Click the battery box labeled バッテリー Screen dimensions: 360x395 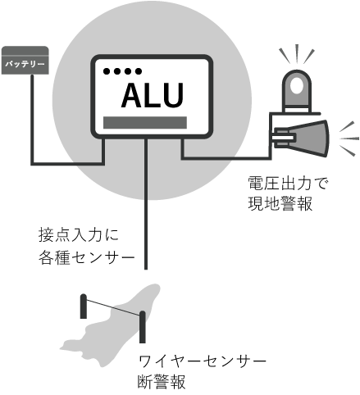coord(25,60)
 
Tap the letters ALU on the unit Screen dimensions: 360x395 coord(152,95)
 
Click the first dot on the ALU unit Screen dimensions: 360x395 coord(107,71)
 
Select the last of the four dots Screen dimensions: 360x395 coord(139,71)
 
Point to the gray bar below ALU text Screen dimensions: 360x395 coord(145,122)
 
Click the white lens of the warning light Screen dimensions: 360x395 coord(296,86)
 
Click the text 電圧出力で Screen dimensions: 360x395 coord(287,183)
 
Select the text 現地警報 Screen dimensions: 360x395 coord(280,203)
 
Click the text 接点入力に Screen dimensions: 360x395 coord(79,235)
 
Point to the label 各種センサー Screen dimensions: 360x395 coord(87,257)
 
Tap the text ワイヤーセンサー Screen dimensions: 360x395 coord(202,361)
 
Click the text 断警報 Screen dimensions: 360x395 coord(162,382)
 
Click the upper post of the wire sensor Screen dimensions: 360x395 coord(84,306)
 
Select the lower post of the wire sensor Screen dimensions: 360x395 coord(142,327)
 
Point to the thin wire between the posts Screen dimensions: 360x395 coord(113,307)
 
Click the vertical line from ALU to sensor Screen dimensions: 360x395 coord(146,203)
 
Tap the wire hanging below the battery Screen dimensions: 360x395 coord(32,119)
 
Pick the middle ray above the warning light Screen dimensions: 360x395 coord(297,54)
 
